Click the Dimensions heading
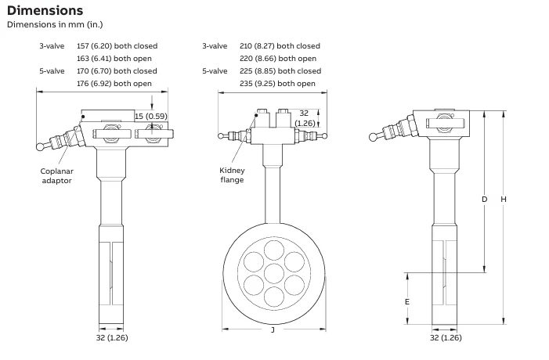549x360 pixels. click(x=45, y=10)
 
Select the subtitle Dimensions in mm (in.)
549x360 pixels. click(x=54, y=24)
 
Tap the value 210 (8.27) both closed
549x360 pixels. click(x=280, y=46)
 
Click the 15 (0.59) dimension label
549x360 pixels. click(x=150, y=117)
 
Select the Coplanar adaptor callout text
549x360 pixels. click(x=56, y=175)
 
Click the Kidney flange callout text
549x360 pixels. click(x=232, y=175)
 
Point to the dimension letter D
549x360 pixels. click(x=484, y=200)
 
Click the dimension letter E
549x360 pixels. click(x=407, y=301)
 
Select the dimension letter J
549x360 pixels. click(x=272, y=330)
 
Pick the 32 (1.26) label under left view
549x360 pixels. click(x=111, y=338)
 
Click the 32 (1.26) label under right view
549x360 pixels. click(x=446, y=338)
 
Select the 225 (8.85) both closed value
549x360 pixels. click(x=280, y=71)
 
